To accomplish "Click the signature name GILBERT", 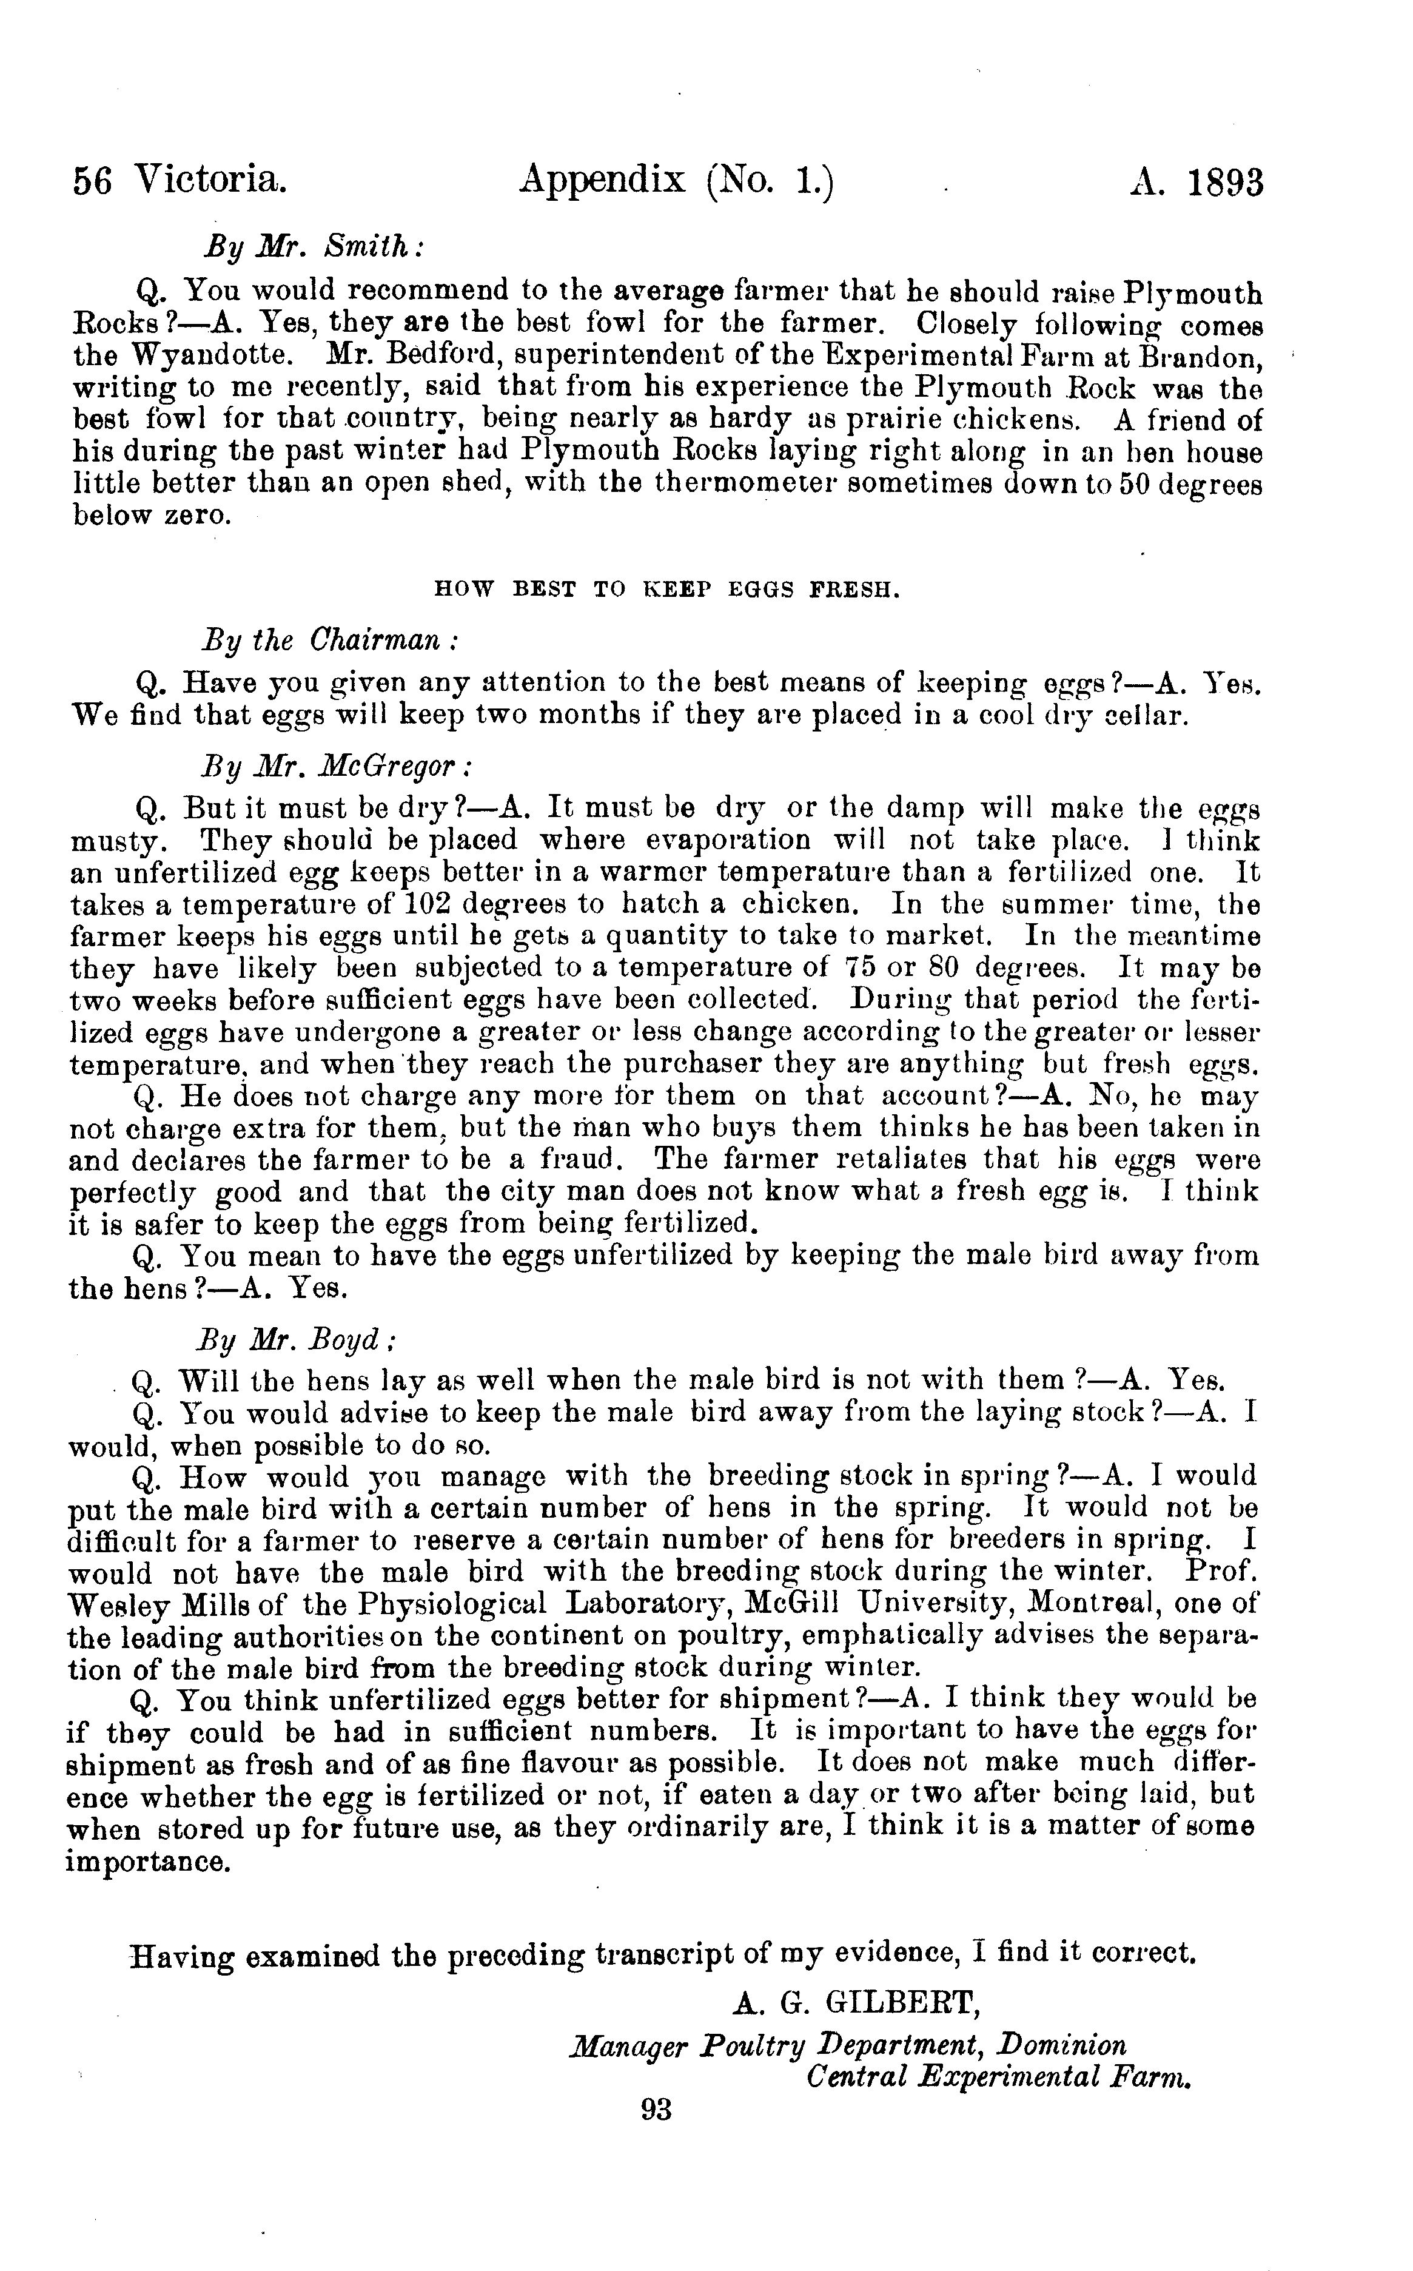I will tap(901, 2001).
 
